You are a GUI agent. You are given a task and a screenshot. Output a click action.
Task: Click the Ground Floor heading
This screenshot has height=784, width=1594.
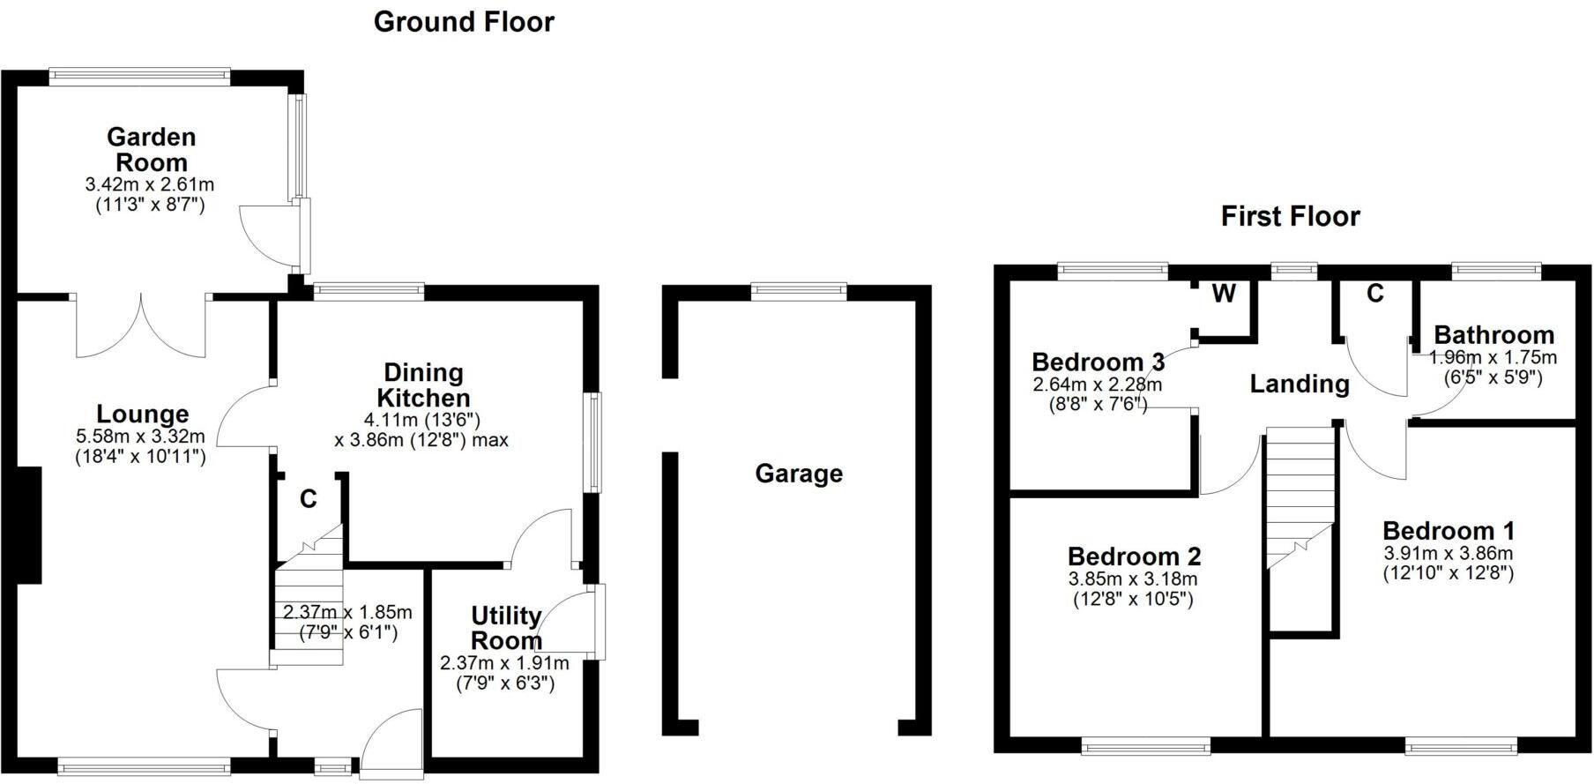[464, 21]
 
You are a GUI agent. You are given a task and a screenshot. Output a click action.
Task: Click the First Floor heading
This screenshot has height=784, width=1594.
[1290, 216]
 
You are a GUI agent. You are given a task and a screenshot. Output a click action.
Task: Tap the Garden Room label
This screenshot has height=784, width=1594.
[152, 150]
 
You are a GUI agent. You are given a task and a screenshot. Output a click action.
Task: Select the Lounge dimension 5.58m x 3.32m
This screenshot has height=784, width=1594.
[141, 436]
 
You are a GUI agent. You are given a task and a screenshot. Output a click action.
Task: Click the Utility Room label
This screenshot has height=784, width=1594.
[506, 628]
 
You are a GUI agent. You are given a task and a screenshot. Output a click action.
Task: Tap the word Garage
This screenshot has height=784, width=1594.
[799, 474]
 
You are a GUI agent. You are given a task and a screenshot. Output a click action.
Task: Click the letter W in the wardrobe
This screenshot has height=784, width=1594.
[1224, 294]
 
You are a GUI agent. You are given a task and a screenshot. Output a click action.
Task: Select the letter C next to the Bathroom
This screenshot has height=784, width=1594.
[1375, 294]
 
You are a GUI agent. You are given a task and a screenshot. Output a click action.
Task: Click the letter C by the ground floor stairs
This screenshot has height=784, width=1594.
[308, 499]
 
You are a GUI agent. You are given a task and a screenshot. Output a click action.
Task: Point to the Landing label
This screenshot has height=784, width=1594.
[1300, 384]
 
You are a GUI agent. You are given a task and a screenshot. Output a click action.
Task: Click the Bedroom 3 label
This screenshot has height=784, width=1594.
[1098, 362]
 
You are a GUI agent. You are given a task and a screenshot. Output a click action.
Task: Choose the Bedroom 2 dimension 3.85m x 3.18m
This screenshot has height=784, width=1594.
[1133, 579]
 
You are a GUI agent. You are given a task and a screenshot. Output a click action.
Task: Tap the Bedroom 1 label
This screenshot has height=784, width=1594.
[1448, 531]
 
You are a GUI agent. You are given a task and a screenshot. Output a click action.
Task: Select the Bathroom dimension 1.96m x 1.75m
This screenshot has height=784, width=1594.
[1493, 357]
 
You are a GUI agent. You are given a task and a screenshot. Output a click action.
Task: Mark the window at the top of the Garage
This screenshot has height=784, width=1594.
[799, 291]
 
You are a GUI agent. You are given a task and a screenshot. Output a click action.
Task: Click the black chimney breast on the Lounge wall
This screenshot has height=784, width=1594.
[28, 525]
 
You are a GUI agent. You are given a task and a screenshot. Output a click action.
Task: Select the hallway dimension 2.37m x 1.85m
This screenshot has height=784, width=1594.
[347, 612]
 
